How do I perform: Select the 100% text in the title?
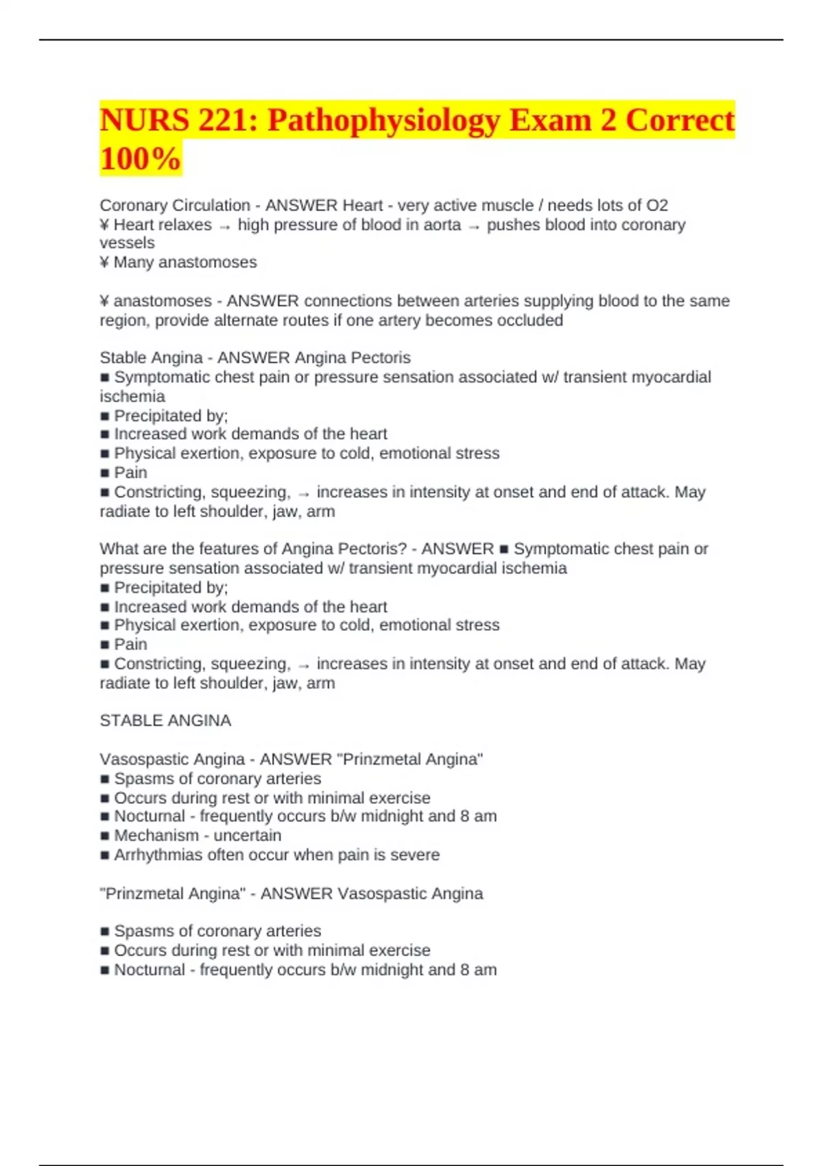140,158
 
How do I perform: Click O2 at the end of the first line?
657,205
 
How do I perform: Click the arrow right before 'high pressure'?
224,226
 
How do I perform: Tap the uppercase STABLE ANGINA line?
165,720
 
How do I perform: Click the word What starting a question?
117,549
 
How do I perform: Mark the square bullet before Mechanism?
105,836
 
